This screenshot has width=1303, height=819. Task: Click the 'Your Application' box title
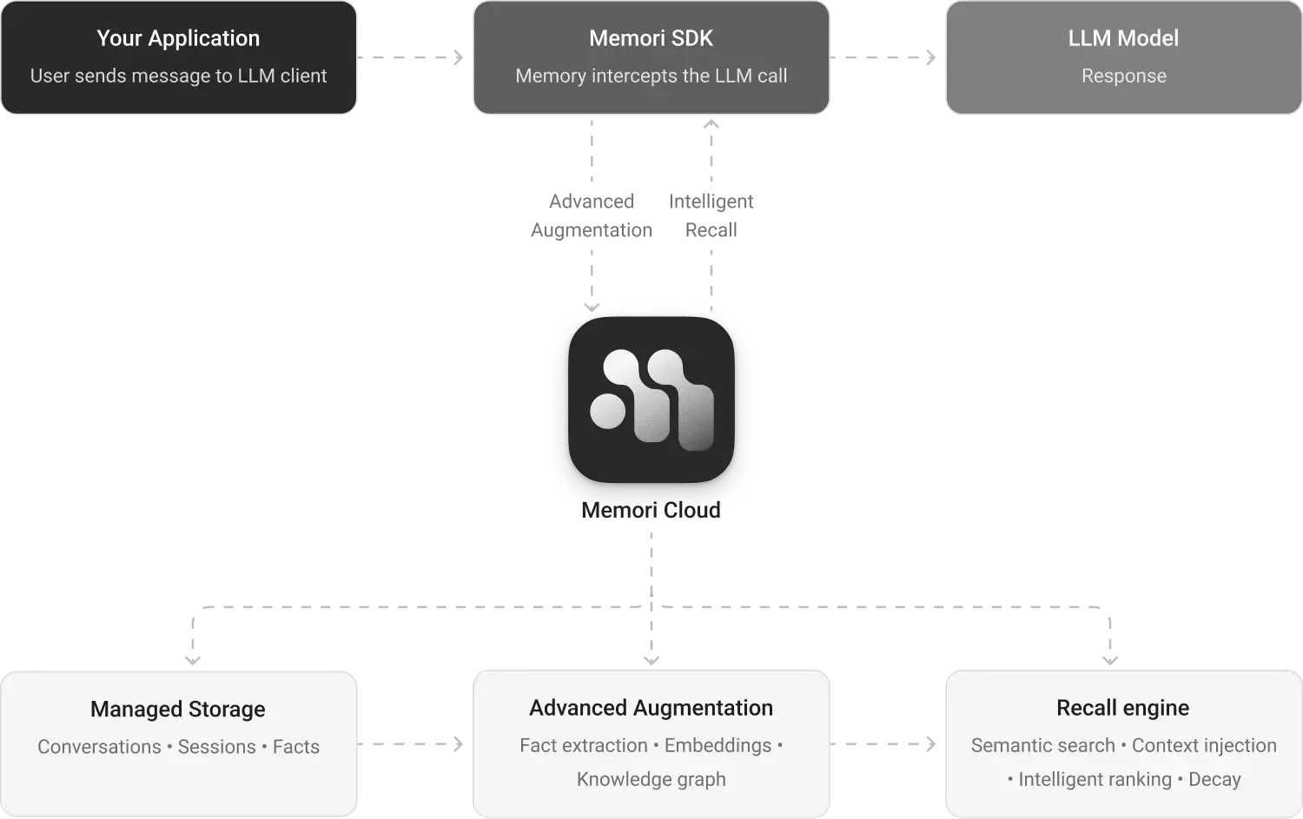[x=178, y=38]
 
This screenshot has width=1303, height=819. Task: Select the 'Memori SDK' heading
[x=651, y=38]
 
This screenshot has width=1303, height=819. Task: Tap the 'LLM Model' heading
[x=1123, y=38]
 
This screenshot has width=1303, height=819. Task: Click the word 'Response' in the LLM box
[x=1123, y=76]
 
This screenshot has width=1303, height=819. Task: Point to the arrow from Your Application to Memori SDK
[x=413, y=58]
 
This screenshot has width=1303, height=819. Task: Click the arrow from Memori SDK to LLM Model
[x=886, y=58]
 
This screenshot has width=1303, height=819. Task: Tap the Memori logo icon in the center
[x=651, y=400]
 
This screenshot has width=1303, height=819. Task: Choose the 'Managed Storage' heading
[x=178, y=710]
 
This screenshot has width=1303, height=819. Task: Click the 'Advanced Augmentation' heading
[x=651, y=708]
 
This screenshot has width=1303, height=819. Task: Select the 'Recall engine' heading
[x=1122, y=708]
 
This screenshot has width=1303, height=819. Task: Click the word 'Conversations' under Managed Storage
[x=99, y=747]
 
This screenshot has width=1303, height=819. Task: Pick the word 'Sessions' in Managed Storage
[x=217, y=747]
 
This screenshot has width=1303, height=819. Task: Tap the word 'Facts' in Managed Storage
[x=296, y=747]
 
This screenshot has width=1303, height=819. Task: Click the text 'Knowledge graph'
[x=651, y=780]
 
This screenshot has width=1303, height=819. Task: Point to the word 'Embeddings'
[x=718, y=745]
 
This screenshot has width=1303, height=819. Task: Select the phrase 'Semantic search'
[x=1042, y=745]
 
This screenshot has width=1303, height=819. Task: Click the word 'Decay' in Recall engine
[x=1214, y=780]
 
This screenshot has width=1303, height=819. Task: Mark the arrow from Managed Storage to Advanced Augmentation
[x=413, y=743]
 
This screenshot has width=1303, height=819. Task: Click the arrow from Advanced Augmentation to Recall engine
[x=886, y=743]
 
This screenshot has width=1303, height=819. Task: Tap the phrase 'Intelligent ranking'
[x=1095, y=780]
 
